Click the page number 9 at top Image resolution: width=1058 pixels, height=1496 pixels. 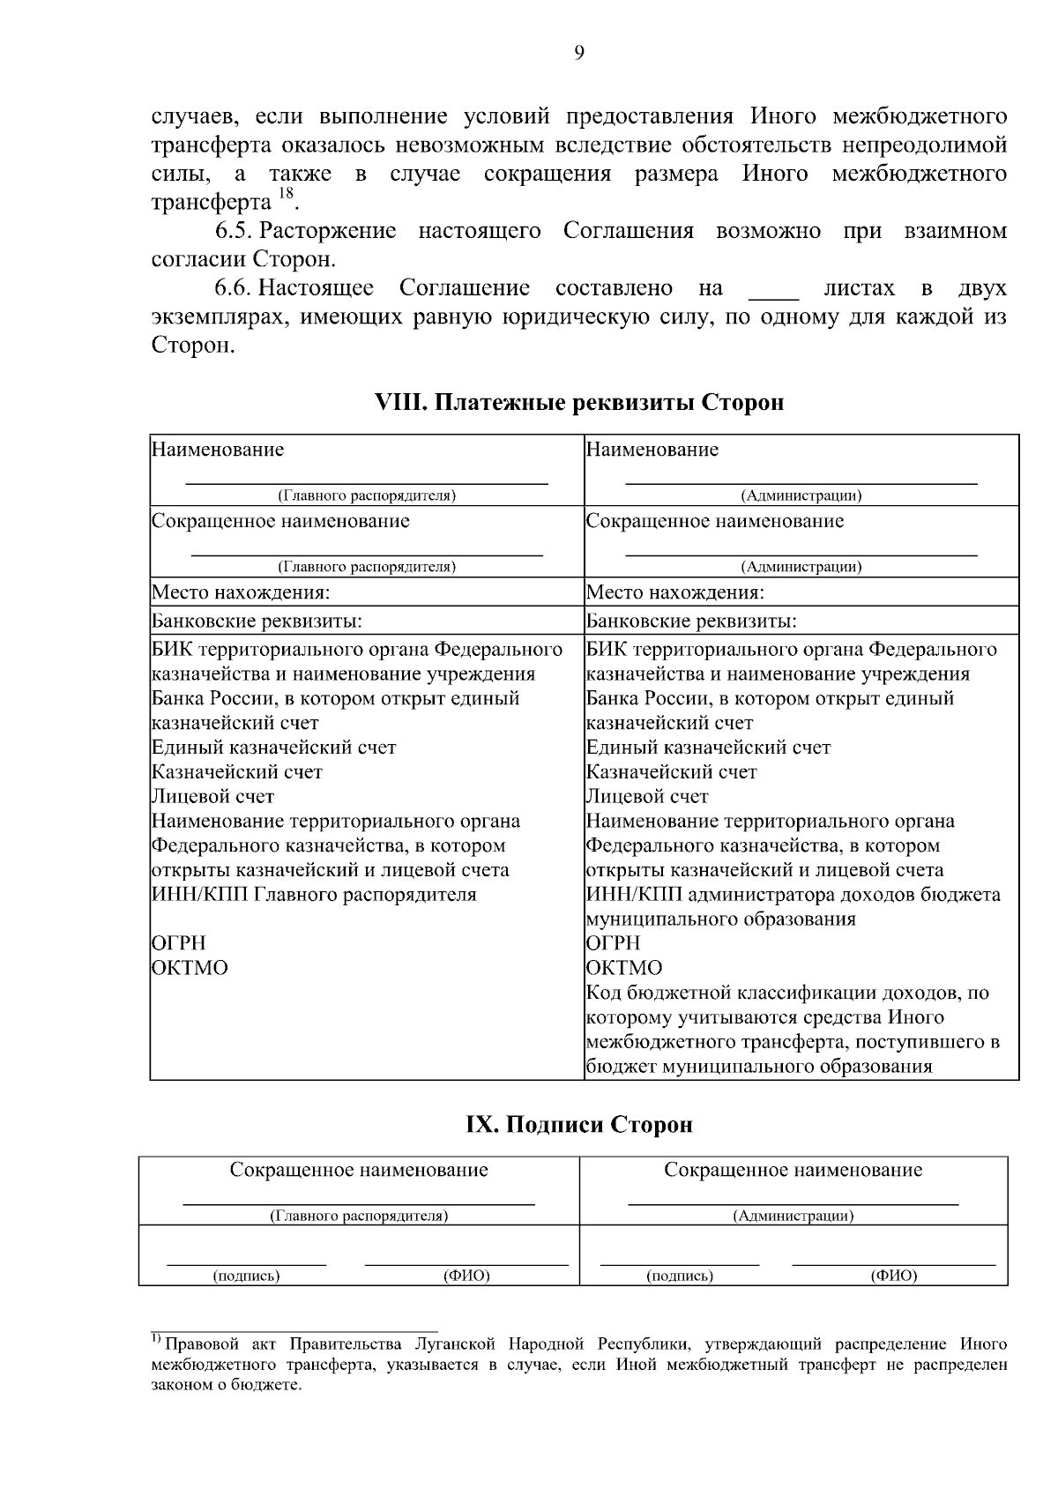click(578, 53)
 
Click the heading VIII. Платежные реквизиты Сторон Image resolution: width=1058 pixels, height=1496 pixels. click(578, 403)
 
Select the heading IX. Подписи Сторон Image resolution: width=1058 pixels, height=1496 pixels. click(578, 1125)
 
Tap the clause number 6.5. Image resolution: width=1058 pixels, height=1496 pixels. click(235, 232)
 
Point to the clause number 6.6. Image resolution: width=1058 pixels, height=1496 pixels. click(235, 288)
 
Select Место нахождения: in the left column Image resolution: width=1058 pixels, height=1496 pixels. click(242, 592)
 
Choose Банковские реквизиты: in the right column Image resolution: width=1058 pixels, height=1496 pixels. click(691, 621)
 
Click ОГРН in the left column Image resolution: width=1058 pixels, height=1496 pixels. click(179, 943)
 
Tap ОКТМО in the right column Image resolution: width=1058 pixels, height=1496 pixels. click(624, 968)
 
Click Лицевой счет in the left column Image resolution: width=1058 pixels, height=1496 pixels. click(213, 796)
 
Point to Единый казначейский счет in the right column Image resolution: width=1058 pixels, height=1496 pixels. click(708, 748)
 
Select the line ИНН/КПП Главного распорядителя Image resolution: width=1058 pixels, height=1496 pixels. click(314, 895)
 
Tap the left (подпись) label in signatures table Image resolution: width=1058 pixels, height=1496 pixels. click(246, 1276)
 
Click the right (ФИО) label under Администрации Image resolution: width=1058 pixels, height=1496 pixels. click(893, 1276)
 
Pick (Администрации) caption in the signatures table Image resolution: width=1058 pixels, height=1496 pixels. click(793, 1217)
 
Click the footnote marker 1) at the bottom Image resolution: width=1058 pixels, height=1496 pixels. click(154, 1341)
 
